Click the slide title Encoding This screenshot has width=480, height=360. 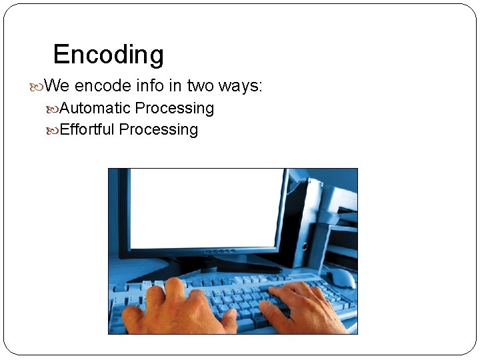pos(108,55)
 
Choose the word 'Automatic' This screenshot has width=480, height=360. pos(95,108)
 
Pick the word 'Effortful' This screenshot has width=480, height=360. pos(87,129)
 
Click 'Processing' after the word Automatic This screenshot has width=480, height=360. pos(175,108)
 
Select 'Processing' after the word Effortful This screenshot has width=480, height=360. pos(159,129)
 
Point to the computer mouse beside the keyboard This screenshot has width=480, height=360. pos(341,277)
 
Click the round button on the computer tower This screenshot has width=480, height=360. pos(304,246)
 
